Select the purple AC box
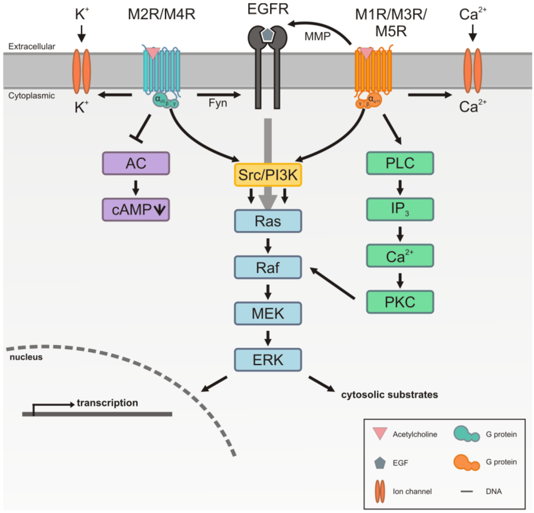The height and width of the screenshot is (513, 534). point(136,164)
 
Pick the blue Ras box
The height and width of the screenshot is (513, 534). point(268,221)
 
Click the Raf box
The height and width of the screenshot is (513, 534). point(268,268)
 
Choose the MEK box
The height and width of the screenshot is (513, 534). point(268,314)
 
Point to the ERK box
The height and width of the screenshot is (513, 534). point(268,360)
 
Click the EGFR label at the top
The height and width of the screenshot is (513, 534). point(268,9)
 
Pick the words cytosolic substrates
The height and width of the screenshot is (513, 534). point(389,395)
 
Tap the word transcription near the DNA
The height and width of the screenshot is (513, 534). point(107,403)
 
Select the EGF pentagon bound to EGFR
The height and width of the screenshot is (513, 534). point(268,34)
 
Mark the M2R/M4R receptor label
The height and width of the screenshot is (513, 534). point(161,14)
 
